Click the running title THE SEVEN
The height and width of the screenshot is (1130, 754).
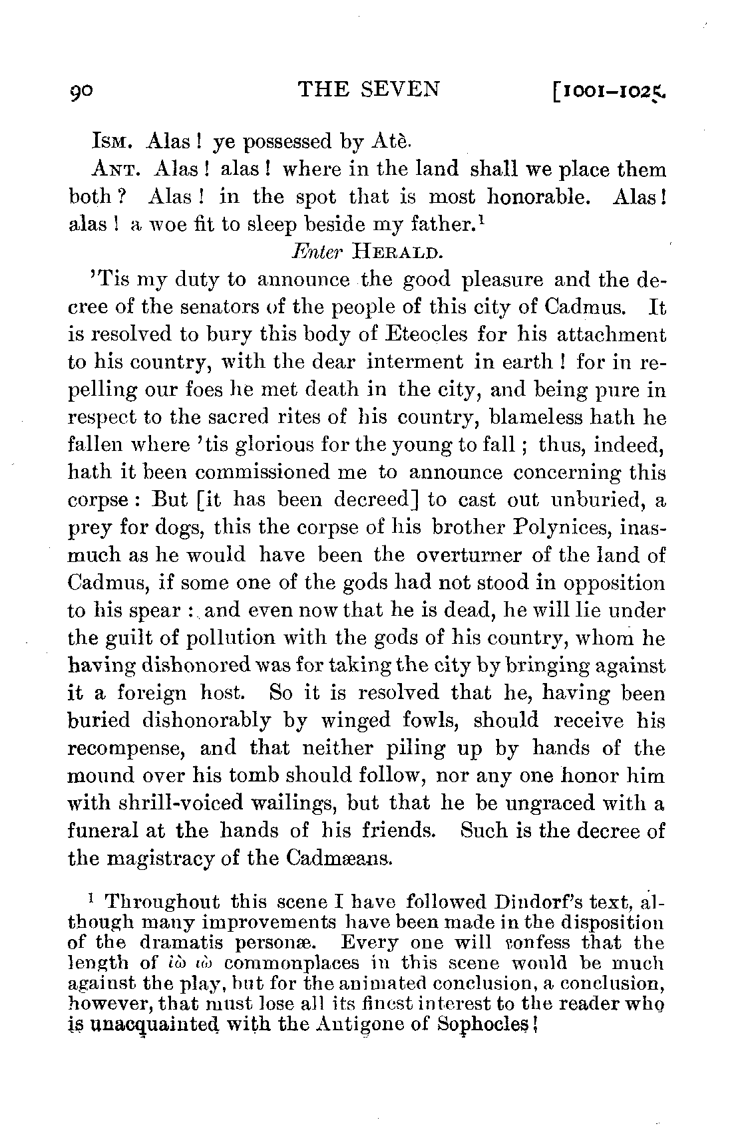[369, 89]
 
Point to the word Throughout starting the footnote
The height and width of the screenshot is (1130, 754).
[162, 903]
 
